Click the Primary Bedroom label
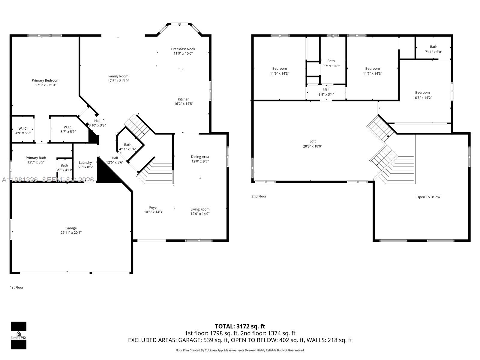tap(46, 80)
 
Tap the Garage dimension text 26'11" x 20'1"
tap(71, 232)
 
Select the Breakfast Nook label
tap(183, 49)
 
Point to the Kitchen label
tap(184, 99)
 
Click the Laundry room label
tap(85, 163)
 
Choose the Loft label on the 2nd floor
tap(313, 141)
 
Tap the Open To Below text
tap(428, 197)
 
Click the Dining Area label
tap(200, 157)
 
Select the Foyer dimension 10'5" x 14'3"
tap(154, 212)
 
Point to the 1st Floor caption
tap(17, 287)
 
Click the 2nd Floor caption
tap(259, 196)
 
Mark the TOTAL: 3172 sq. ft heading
tap(240, 326)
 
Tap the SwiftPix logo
tap(19, 335)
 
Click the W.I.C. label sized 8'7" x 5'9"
tap(68, 127)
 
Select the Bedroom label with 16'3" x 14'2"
tap(422, 93)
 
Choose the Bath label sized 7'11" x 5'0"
tap(433, 47)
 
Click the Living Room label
tap(200, 209)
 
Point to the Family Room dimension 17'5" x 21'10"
tap(118, 81)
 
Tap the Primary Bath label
tap(36, 158)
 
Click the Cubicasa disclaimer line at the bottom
tap(240, 350)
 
